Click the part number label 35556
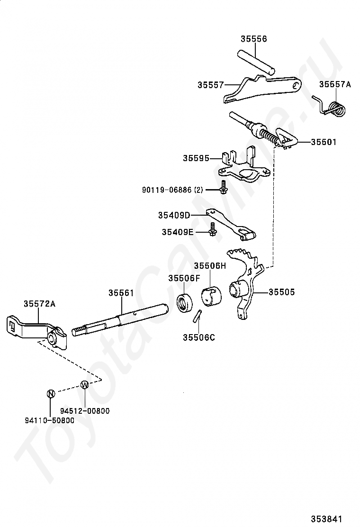point(253,39)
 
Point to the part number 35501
point(324,142)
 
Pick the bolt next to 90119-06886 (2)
point(223,187)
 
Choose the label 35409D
point(174,215)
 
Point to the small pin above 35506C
point(198,316)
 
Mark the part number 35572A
point(39,304)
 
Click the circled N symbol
point(50,393)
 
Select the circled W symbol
point(85,385)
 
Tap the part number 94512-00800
point(85,411)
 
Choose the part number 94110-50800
point(50,420)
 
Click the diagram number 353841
point(326,519)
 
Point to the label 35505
point(281,292)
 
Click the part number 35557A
point(335,84)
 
